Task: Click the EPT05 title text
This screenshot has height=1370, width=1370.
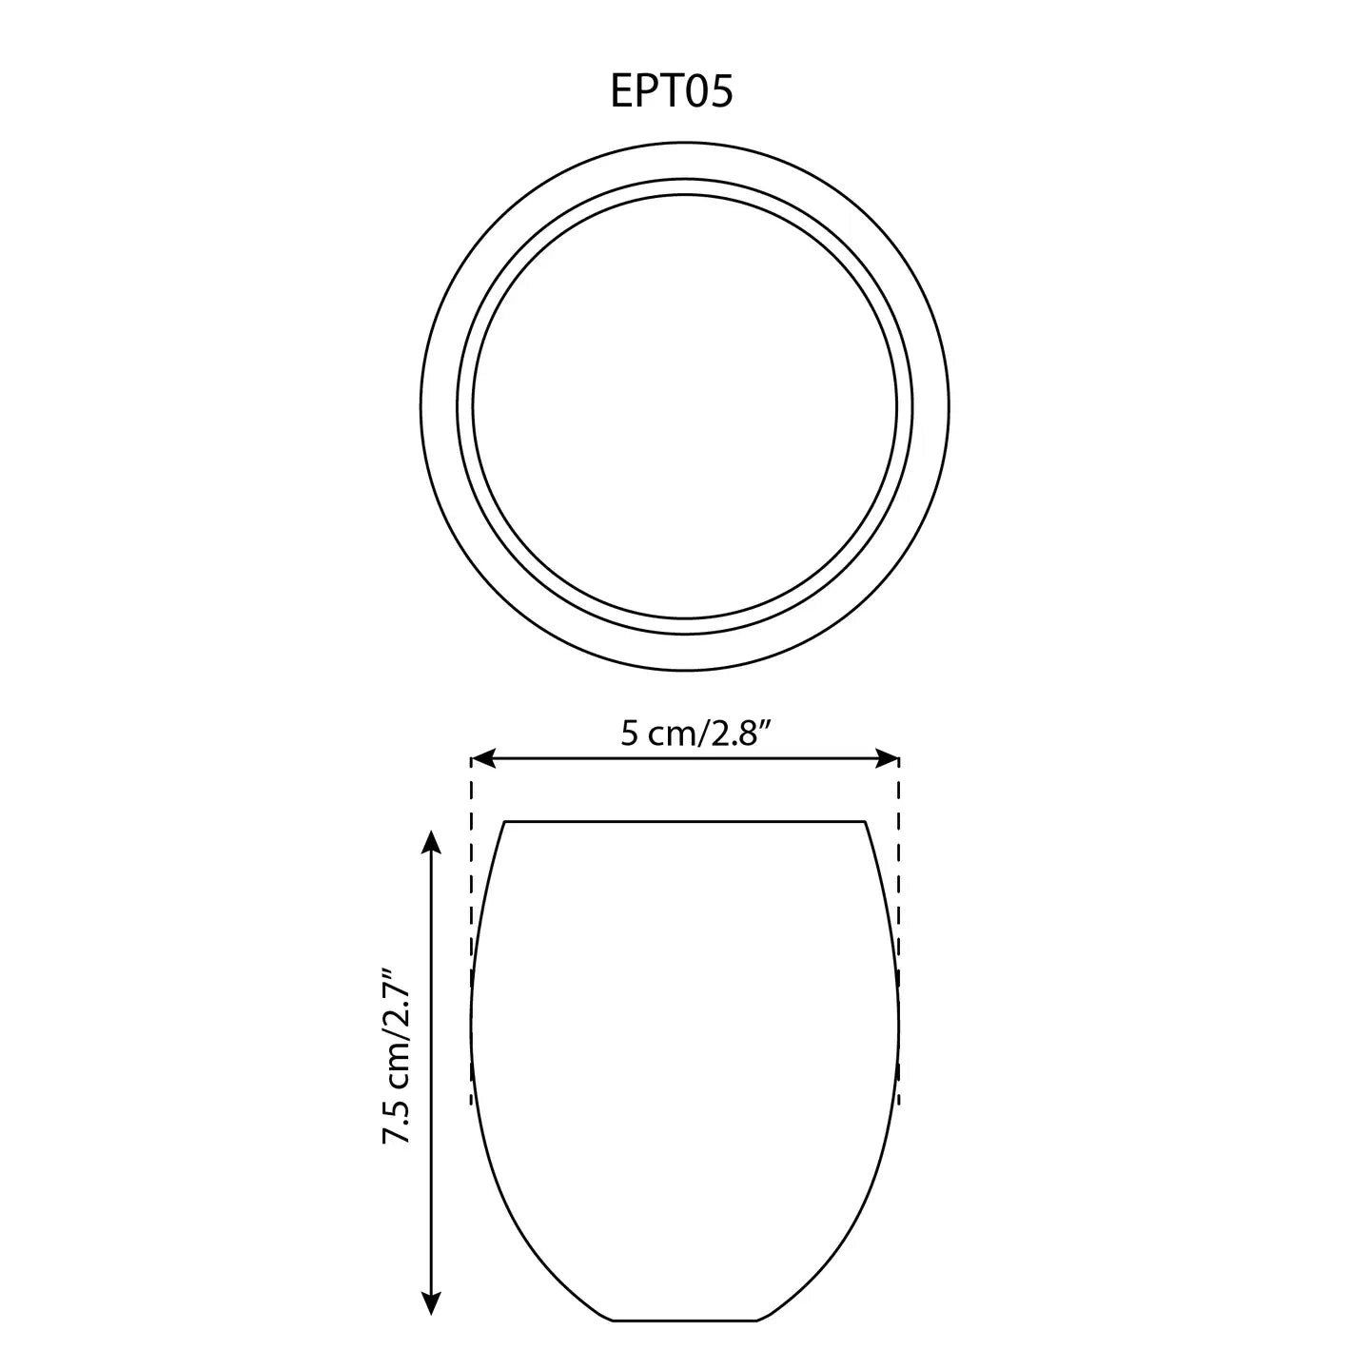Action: click(x=671, y=91)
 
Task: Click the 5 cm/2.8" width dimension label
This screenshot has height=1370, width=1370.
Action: click(x=696, y=733)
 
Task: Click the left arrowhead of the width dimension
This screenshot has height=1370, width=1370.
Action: click(x=482, y=758)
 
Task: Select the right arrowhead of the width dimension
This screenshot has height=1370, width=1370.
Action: click(x=888, y=758)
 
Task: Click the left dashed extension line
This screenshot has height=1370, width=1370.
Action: click(x=471, y=931)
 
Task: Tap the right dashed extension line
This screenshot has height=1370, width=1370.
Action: click(x=899, y=931)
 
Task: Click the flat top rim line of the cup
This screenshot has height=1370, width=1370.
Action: click(x=685, y=822)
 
